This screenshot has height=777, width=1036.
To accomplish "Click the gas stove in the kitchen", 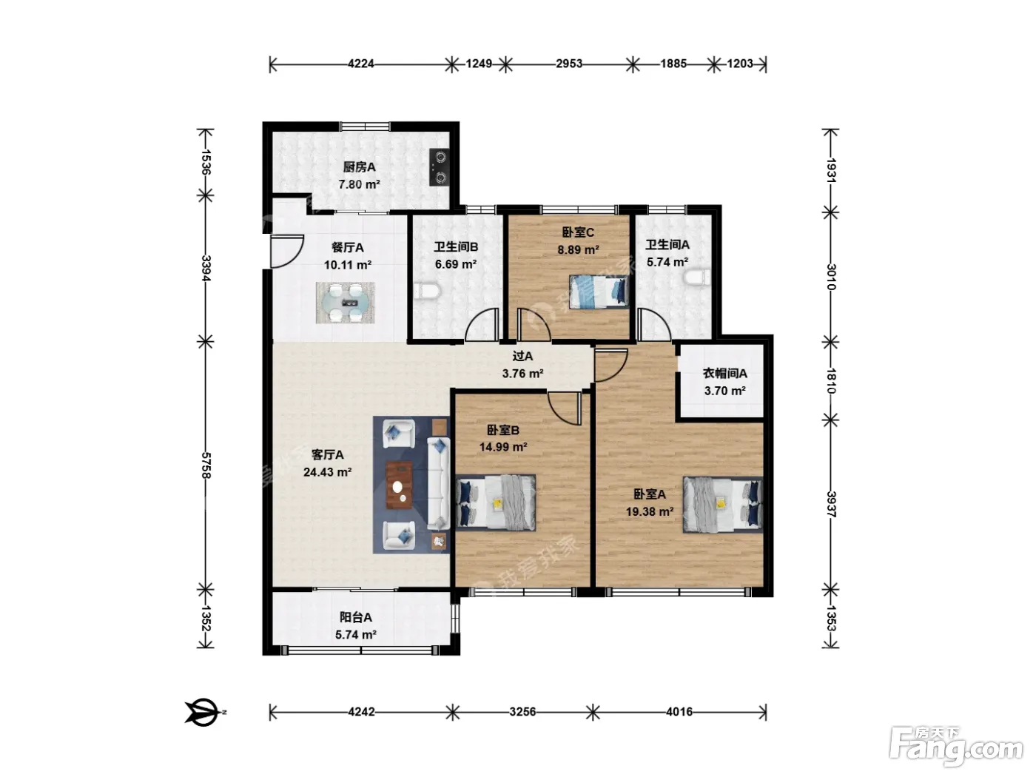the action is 439,167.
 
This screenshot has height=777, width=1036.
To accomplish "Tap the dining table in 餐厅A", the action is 346,303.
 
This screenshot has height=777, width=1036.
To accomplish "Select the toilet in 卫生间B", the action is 428,292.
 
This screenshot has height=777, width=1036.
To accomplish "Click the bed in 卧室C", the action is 599,292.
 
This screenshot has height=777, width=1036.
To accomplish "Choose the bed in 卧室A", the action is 723,505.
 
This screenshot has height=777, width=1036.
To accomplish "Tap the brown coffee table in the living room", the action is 400,485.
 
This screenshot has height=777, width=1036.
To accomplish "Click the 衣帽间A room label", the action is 725,374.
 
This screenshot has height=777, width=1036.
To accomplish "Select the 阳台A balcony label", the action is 356,617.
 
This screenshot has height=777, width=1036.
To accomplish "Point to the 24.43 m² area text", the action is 328,472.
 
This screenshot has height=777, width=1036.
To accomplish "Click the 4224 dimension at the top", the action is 361,63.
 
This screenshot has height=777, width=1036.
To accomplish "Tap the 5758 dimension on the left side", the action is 206,465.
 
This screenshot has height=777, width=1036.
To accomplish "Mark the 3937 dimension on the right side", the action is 831,505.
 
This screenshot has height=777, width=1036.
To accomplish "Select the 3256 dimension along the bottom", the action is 522,711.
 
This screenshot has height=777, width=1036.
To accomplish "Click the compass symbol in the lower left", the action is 204,712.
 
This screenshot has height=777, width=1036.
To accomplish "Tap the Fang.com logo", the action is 956,747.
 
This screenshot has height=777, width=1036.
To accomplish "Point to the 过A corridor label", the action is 522,356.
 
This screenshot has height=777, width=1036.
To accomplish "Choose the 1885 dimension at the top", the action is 673,63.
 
